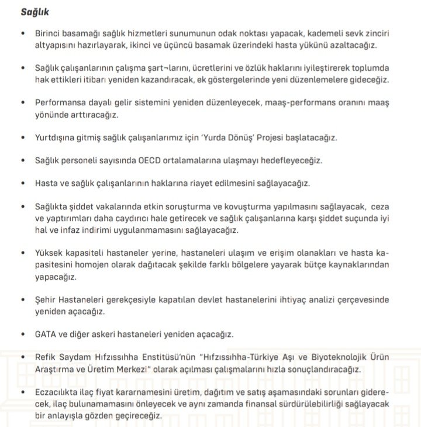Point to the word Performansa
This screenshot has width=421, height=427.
[60, 102]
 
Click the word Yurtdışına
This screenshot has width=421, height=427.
[57, 137]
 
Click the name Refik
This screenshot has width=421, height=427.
[47, 356]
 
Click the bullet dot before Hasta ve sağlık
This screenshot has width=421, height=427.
[23, 183]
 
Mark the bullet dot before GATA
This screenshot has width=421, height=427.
[23, 334]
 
